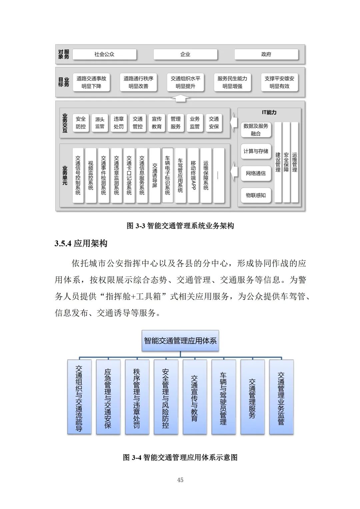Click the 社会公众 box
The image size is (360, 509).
[104, 54]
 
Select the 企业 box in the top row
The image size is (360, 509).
[185, 54]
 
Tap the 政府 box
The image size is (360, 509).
[266, 54]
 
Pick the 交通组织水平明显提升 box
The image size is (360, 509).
[185, 82]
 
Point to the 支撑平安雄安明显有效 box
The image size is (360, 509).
[279, 82]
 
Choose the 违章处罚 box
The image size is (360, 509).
[119, 123]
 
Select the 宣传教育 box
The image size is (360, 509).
[157, 123]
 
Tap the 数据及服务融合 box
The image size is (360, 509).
[256, 130]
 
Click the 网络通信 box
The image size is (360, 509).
[256, 173]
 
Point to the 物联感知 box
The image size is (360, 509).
[256, 195]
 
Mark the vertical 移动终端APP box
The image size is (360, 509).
[193, 175]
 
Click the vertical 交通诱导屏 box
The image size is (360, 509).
[155, 175]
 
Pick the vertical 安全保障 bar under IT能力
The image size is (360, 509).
[286, 162]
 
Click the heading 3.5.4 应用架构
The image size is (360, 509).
[81, 243]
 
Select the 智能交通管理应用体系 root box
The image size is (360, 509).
[180, 341]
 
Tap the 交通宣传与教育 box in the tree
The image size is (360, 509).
[195, 397]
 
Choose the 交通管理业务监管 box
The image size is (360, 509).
[281, 397]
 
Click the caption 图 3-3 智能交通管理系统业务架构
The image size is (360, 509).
[180, 226]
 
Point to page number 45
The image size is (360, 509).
[180, 480]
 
